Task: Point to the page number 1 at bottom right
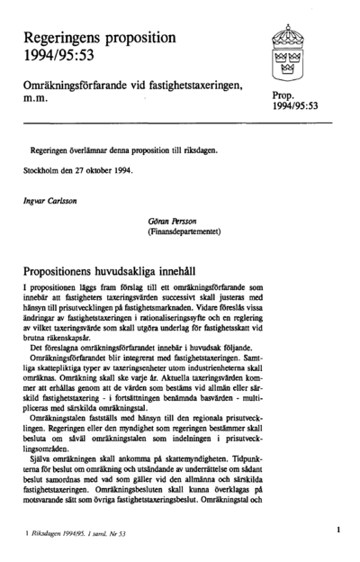click(337, 532)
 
